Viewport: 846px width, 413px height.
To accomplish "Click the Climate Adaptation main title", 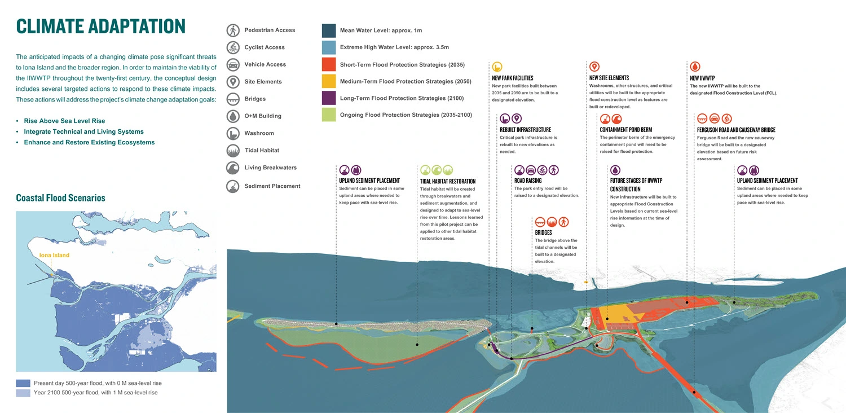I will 100,26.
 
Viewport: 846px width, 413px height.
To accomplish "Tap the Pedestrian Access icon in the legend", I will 233,30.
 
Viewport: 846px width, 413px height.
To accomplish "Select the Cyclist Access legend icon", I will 233,47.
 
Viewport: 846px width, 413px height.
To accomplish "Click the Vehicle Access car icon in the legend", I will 233,64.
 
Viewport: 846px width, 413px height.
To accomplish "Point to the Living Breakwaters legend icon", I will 233,168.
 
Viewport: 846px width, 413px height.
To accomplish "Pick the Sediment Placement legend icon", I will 233,186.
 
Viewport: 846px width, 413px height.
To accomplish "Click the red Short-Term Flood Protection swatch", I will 329,64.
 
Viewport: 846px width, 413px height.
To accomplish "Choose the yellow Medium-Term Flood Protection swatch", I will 329,82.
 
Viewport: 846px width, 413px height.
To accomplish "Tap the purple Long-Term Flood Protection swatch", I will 329,99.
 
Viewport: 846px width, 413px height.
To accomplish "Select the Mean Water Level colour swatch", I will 329,30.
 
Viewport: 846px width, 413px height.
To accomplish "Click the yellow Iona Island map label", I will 54,256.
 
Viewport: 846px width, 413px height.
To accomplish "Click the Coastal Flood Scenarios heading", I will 60,198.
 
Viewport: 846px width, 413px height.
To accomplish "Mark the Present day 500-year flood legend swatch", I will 23,383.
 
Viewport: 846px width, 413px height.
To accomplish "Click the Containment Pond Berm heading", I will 625,130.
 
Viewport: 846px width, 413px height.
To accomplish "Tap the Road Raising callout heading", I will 528,181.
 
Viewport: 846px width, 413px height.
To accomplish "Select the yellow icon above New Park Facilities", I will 497,67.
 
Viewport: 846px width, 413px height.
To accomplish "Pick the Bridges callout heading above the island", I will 543,232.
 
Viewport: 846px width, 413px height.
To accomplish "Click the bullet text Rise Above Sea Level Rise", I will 64,121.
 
